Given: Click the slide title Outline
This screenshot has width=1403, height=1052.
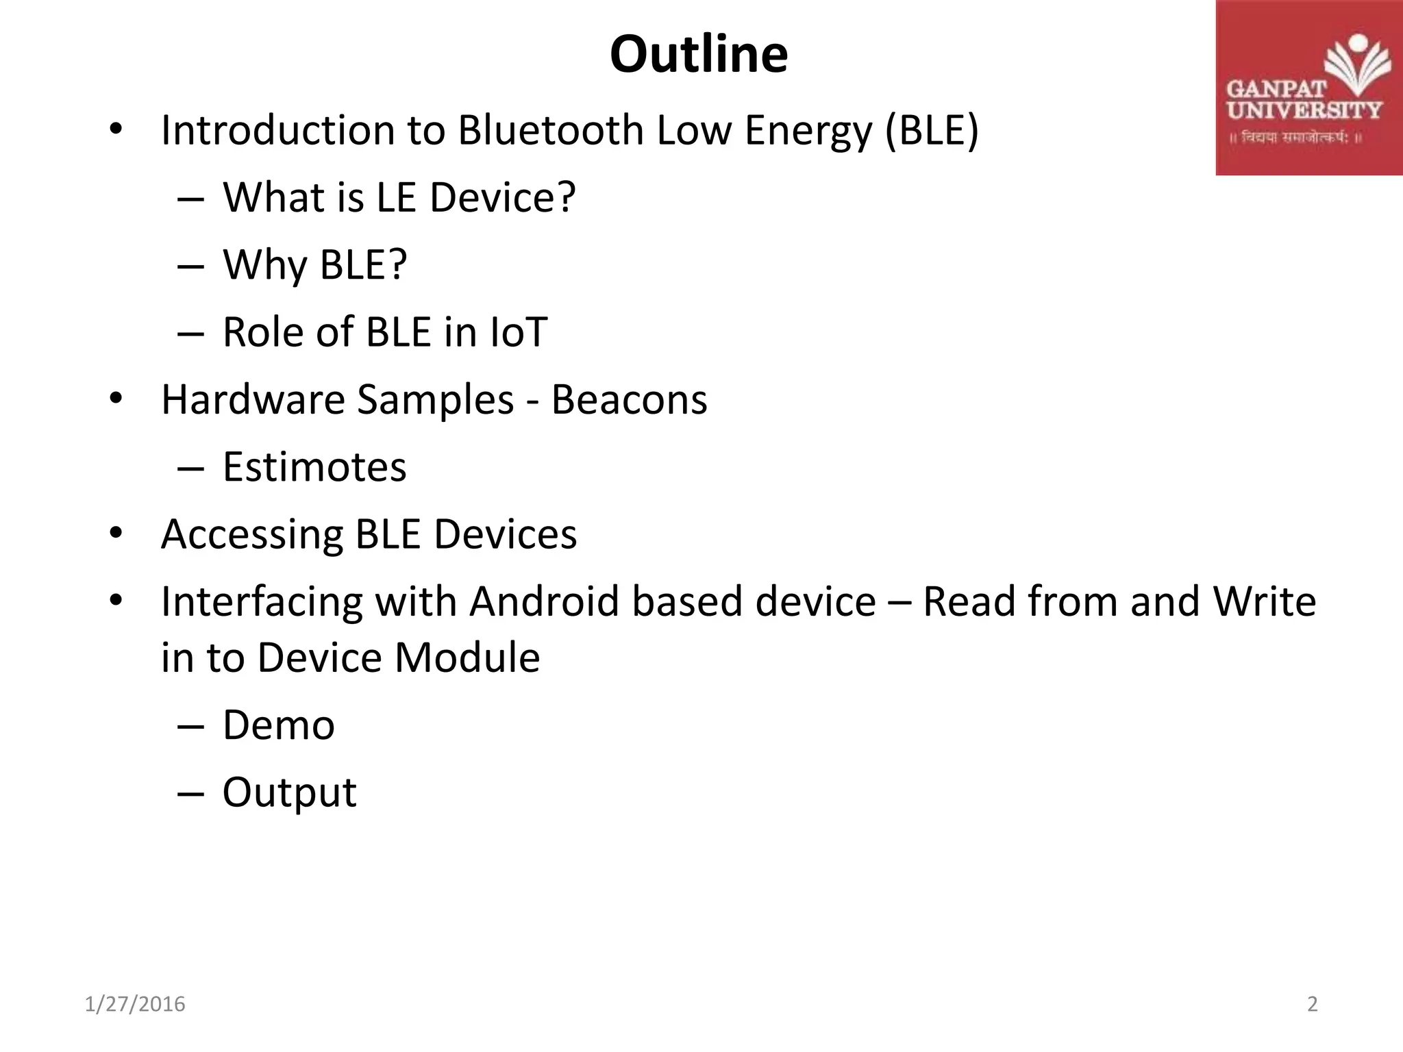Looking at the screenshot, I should click(x=699, y=55).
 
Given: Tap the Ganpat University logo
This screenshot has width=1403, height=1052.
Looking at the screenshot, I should click(x=1308, y=88).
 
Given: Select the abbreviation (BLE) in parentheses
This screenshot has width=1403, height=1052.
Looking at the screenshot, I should click(x=932, y=130).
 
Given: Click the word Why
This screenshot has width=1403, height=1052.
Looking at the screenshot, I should click(x=264, y=265).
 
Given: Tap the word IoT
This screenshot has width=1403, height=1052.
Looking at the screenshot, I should click(x=519, y=332).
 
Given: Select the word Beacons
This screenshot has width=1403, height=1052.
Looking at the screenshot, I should click(x=629, y=399).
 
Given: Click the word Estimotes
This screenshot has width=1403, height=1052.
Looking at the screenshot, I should click(x=314, y=467).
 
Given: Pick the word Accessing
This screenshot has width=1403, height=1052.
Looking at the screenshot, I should click(x=251, y=534).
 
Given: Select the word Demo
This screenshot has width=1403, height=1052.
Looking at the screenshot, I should click(x=278, y=725).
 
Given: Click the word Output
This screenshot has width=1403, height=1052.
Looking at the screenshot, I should click(x=289, y=792).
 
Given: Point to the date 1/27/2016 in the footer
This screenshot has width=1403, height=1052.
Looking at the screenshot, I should click(x=135, y=1004).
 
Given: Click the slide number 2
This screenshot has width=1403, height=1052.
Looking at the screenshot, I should click(x=1312, y=1004).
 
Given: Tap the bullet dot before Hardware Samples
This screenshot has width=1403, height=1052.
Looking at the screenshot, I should click(x=115, y=399).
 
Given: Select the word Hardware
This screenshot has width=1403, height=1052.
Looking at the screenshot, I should click(x=252, y=399).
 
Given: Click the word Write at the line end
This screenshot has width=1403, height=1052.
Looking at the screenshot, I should click(x=1264, y=601).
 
